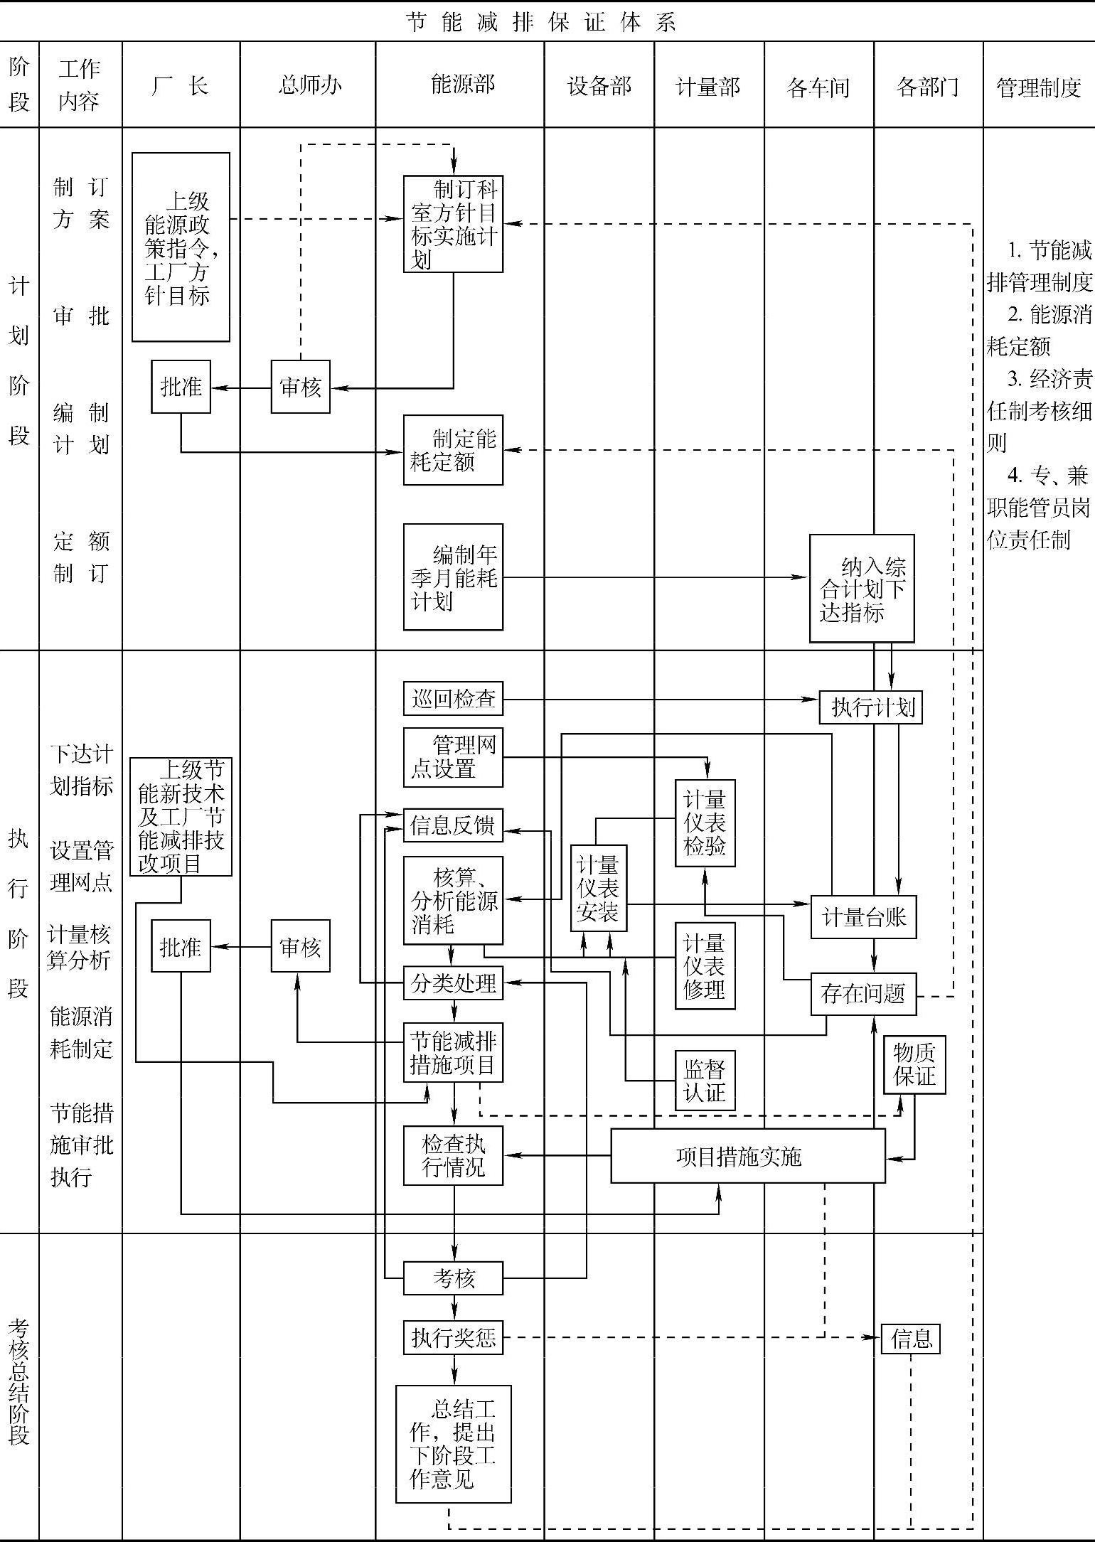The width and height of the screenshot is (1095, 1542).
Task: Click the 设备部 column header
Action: pyautogui.click(x=599, y=87)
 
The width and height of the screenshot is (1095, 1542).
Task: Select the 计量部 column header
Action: pyautogui.click(x=708, y=87)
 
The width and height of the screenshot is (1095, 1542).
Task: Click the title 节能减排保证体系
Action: pyautogui.click(x=542, y=22)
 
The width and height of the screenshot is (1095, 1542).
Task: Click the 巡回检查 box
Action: pyautogui.click(x=453, y=699)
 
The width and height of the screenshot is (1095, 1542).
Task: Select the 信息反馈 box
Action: pyautogui.click(x=453, y=825)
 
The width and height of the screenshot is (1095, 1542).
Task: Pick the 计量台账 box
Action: pyautogui.click(x=863, y=917)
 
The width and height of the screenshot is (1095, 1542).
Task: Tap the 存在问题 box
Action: pyautogui.click(x=863, y=993)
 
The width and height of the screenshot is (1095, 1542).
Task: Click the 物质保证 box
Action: pyautogui.click(x=914, y=1064)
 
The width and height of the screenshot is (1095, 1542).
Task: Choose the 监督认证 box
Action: pyautogui.click(x=705, y=1080)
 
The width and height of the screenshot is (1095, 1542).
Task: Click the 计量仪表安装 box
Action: pyautogui.click(x=599, y=888)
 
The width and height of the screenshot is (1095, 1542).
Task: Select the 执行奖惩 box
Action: pyautogui.click(x=453, y=1337)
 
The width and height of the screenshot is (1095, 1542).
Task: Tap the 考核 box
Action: pyautogui.click(x=453, y=1278)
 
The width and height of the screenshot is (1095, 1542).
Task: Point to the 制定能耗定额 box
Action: pyautogui.click(x=453, y=450)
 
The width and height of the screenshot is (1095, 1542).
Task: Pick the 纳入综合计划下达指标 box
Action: pyautogui.click(x=862, y=589)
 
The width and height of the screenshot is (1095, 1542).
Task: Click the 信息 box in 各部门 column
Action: pyautogui.click(x=911, y=1339)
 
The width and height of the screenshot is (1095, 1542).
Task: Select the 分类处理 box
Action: pyautogui.click(x=453, y=983)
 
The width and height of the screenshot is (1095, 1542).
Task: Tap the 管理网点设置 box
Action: pyautogui.click(x=453, y=757)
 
